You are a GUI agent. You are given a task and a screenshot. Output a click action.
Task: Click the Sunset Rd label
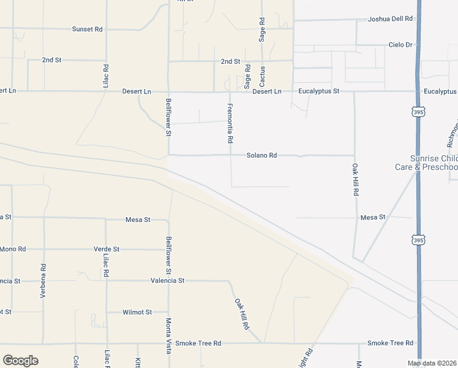pos(87,29)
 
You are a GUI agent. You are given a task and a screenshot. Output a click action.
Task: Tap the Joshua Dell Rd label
pos(389,19)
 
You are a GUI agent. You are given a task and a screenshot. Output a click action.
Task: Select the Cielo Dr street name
pos(401,45)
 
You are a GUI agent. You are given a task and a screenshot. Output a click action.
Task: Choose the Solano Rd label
pos(261,155)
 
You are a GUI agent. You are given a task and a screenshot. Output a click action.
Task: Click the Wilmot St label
pos(137,312)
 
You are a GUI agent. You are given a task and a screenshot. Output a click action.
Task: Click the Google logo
pos(20,361)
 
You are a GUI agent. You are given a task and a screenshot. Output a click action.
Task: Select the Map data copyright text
pos(432,363)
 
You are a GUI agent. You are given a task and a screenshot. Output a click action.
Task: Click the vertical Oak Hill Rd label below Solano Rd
pos(355,179)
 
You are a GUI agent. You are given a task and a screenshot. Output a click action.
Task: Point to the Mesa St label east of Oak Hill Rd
pos(372,217)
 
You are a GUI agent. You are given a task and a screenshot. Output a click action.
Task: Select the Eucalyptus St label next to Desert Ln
pos(319,91)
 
